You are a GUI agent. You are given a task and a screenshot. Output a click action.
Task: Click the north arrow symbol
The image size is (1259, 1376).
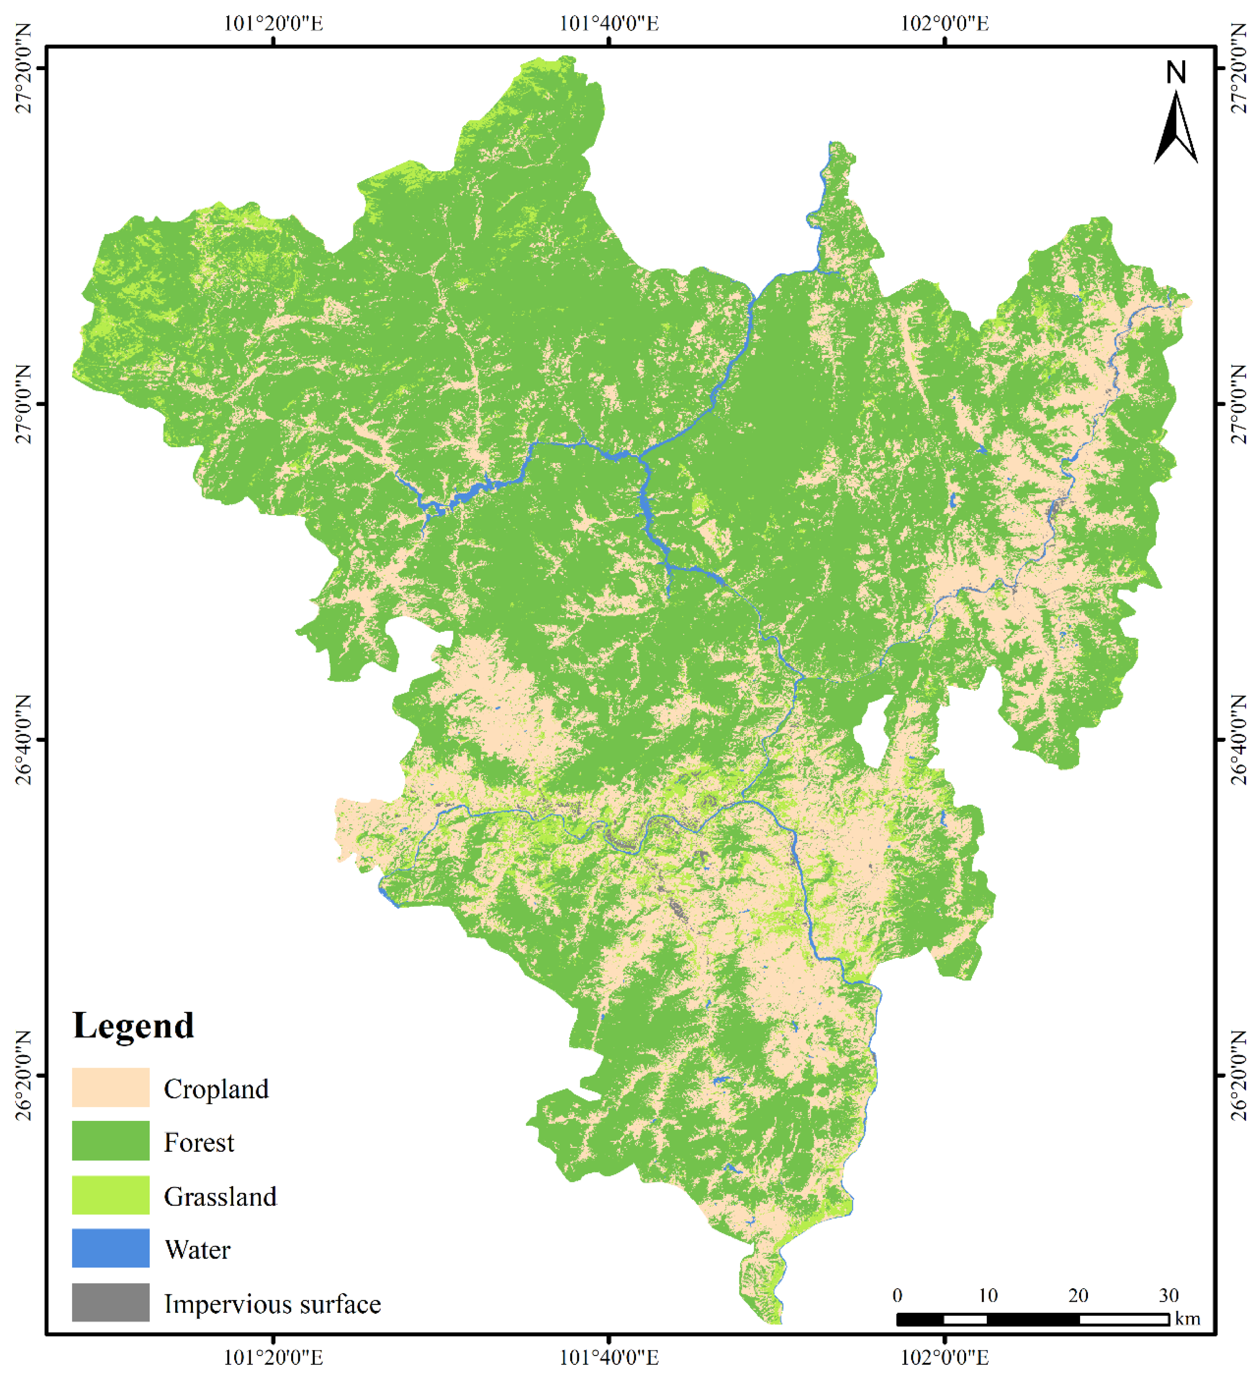click(x=1176, y=130)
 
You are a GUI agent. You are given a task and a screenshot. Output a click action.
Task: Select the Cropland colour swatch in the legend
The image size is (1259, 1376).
click(x=111, y=1087)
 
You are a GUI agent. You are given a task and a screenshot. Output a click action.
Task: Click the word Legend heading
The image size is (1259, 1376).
click(x=134, y=1025)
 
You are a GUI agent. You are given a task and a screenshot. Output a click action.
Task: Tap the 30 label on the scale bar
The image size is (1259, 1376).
click(x=1168, y=1295)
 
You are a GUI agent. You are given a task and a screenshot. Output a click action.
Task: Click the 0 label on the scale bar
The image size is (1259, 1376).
click(x=897, y=1295)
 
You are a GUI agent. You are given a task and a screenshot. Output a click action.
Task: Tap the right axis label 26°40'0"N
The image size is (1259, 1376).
click(x=1238, y=739)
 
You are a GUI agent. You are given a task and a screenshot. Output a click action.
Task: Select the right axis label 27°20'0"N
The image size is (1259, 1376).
click(x=1238, y=68)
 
